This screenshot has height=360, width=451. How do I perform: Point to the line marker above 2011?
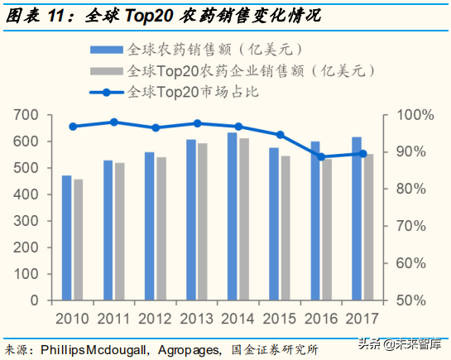coord(114,122)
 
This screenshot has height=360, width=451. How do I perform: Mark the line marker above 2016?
coord(321,156)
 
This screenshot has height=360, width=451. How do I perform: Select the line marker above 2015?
coord(280,135)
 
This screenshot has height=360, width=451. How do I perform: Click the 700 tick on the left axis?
coord(27,114)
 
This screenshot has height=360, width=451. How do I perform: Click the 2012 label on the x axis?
coord(155,317)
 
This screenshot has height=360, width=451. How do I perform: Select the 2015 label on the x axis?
coord(279,317)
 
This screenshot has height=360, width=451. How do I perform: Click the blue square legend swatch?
coord(112,50)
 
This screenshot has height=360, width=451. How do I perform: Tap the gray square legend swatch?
coord(112,70)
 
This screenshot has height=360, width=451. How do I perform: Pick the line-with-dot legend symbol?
coord(112,92)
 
